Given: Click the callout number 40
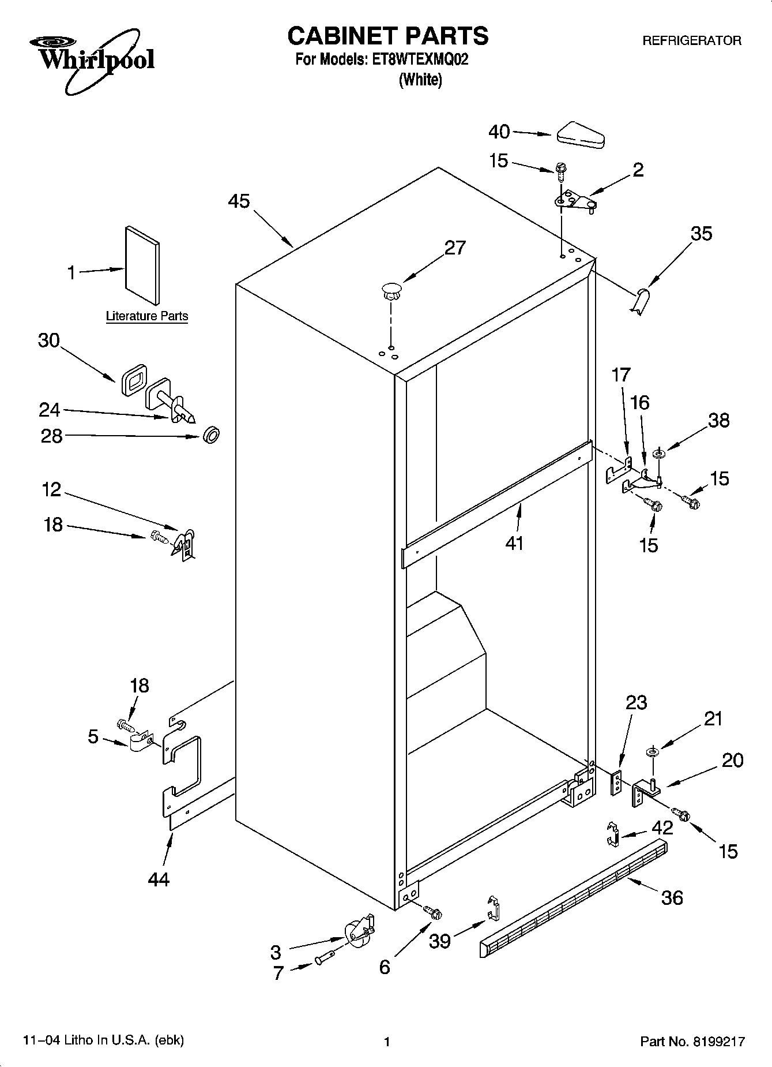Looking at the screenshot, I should click(499, 132).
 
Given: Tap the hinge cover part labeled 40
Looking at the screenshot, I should click(579, 134).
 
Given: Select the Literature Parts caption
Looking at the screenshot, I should click(147, 316).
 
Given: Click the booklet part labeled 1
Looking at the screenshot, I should click(142, 265).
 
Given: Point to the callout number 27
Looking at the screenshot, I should click(454, 248).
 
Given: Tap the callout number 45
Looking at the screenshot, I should click(239, 201).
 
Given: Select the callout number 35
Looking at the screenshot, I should click(701, 233).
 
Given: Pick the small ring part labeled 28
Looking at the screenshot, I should click(212, 435).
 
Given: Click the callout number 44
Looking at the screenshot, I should click(159, 879).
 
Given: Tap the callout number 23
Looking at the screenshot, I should click(636, 702).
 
